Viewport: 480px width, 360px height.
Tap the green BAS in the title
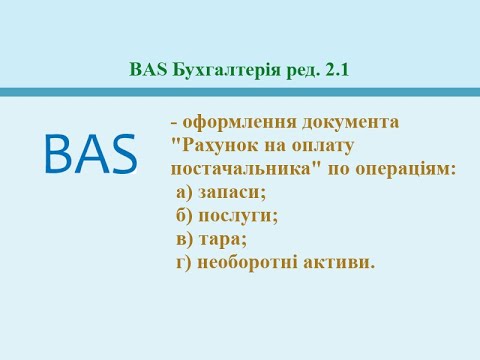coord(146,70)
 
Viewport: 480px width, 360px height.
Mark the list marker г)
coord(184,263)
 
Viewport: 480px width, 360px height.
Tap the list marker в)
coord(184,240)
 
